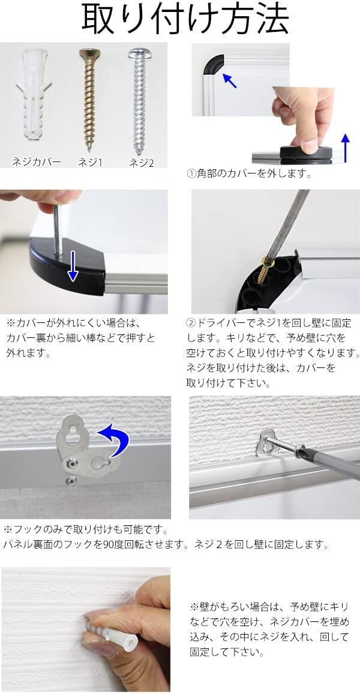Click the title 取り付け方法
[x=185, y=19]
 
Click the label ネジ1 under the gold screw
[x=90, y=163]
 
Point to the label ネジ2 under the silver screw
[x=141, y=163]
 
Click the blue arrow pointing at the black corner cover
[x=229, y=80]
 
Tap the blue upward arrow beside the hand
[x=346, y=148]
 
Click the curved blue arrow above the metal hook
[x=115, y=439]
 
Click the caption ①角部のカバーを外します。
[x=249, y=174]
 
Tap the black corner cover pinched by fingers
[x=306, y=152]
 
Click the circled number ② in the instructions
[x=190, y=322]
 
